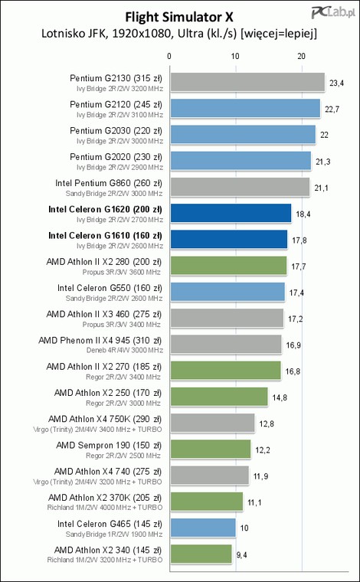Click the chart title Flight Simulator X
[179, 17]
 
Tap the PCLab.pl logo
[334, 12]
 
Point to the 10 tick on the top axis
[235, 56]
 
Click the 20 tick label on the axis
[302, 56]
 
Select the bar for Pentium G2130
[247, 82]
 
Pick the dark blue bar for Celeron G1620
[231, 213]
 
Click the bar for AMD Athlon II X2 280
[228, 266]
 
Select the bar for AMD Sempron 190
[211, 449]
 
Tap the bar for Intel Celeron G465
[203, 528]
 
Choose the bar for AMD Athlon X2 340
[201, 554]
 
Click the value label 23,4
[336, 83]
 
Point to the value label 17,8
[299, 240]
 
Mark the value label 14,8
[280, 397]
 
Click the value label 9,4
[241, 555]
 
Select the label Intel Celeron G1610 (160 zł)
[105, 236]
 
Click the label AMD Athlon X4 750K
[81, 419]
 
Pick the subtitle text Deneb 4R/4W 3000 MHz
[125, 351]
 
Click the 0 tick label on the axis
[169, 56]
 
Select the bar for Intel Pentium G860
[240, 187]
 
